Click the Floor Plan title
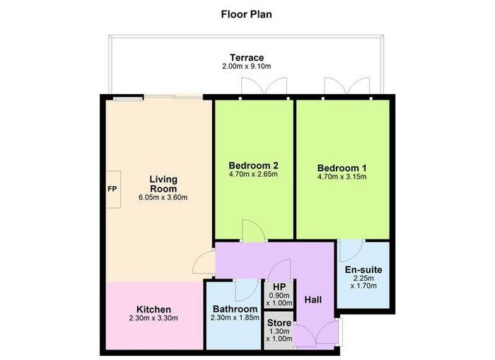click(x=246, y=15)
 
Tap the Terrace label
click(x=247, y=58)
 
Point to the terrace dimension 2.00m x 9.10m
click(x=247, y=66)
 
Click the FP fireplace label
click(x=112, y=189)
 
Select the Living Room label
click(x=163, y=184)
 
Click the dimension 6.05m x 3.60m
click(x=163, y=198)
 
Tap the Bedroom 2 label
click(x=253, y=166)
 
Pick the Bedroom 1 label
click(x=342, y=168)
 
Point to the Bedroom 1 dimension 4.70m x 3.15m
click(x=342, y=177)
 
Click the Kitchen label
click(x=153, y=310)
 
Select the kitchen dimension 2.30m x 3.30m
click(x=153, y=318)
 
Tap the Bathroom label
click(x=235, y=309)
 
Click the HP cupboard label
click(x=279, y=287)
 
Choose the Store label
click(x=279, y=323)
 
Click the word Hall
click(x=313, y=300)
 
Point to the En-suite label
click(x=363, y=269)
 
